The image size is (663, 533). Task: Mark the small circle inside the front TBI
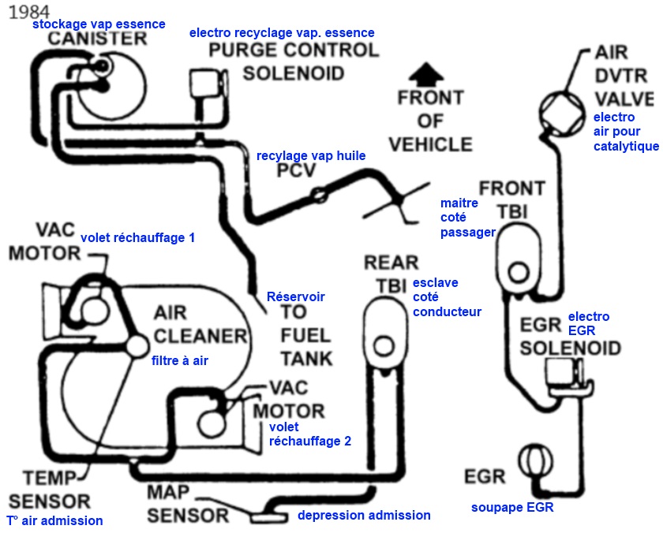(x=518, y=273)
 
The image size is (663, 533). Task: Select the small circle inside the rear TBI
(x=384, y=345)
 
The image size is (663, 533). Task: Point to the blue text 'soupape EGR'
(x=512, y=508)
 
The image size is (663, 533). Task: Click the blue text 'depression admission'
(x=364, y=515)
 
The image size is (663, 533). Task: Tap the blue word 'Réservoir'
(x=296, y=296)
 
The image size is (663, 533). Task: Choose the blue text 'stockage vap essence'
(x=99, y=24)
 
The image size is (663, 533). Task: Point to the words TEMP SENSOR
(x=49, y=489)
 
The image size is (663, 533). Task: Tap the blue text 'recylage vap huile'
(x=311, y=155)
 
